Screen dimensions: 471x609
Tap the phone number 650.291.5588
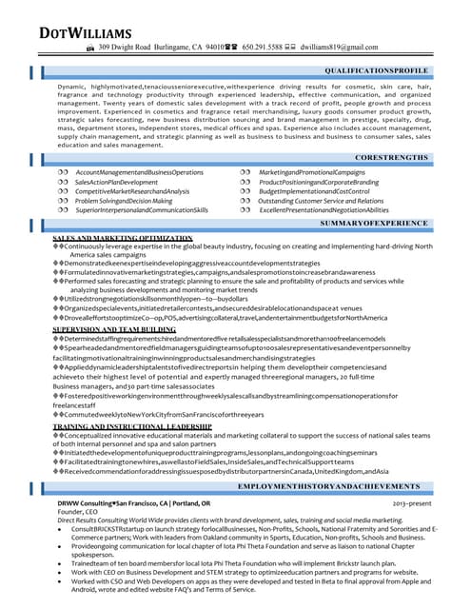(269, 47)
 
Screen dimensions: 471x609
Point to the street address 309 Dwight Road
(126, 47)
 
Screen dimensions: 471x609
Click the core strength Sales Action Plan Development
(116, 182)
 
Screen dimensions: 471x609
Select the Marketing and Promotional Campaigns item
(312, 172)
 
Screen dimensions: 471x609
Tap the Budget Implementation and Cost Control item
(314, 191)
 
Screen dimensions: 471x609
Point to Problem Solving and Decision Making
(124, 201)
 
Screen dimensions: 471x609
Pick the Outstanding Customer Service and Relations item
(322, 201)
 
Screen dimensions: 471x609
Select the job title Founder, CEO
(78, 512)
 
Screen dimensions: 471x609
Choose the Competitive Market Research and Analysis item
(132, 191)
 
